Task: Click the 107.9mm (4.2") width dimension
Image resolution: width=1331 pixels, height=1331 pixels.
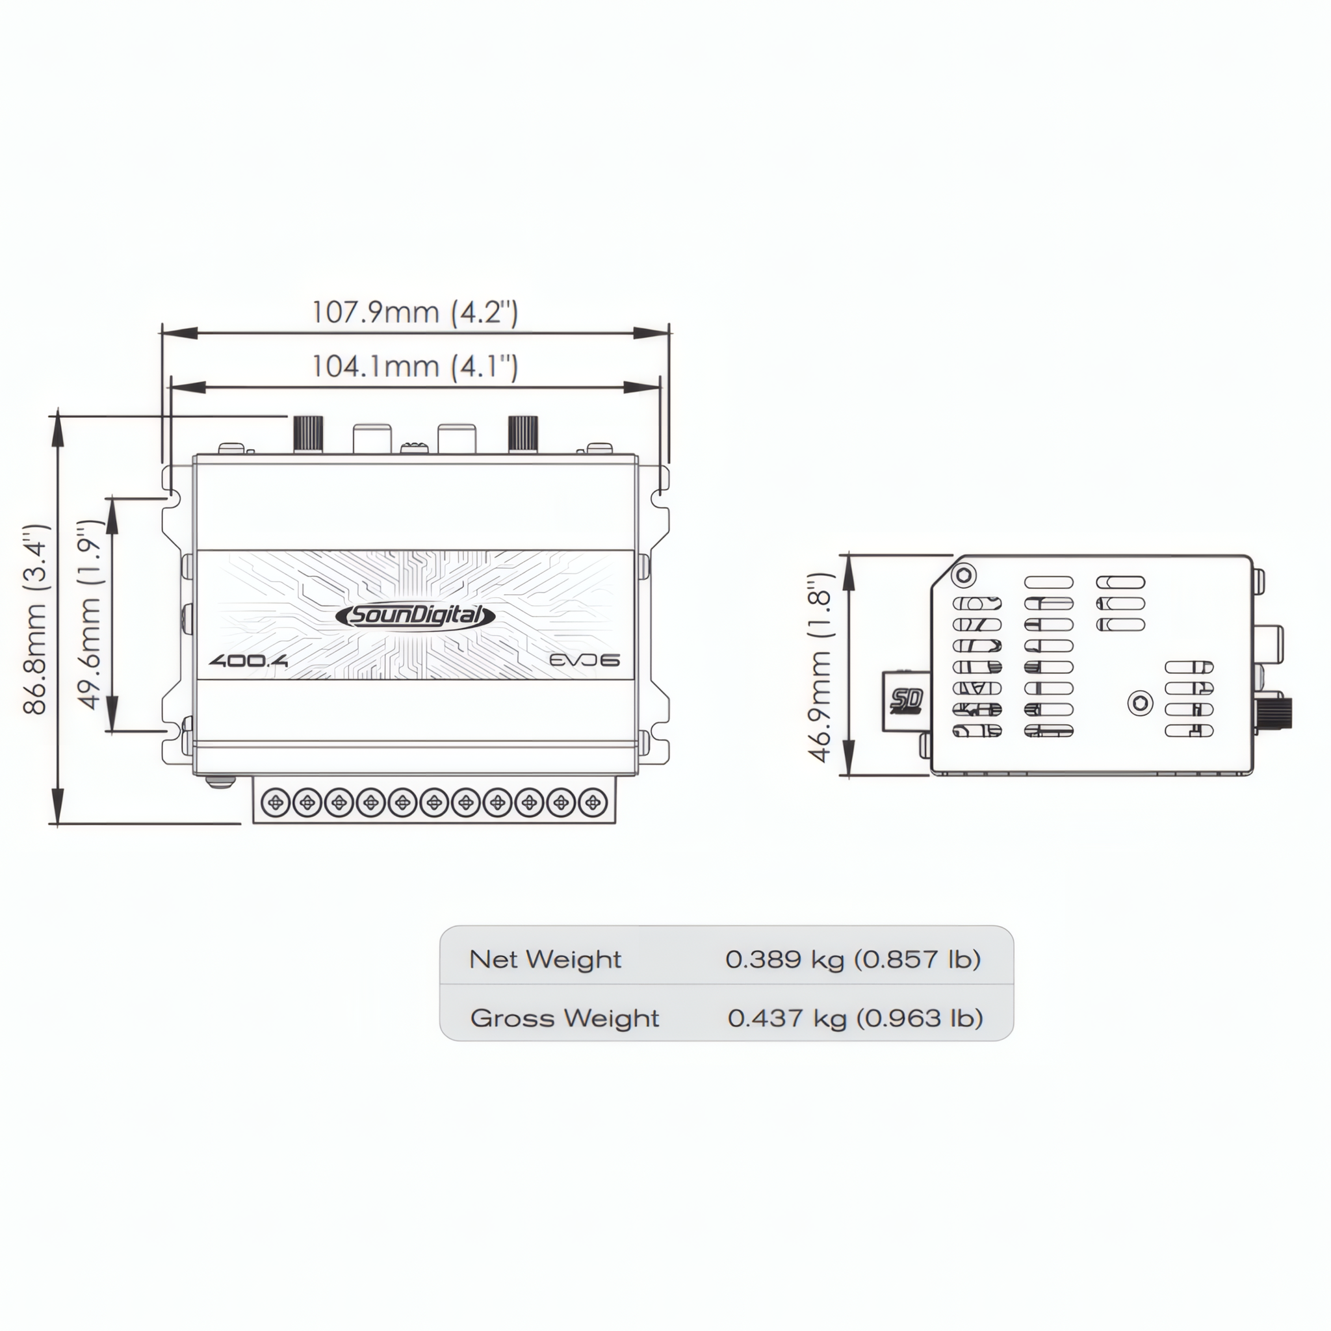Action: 415,313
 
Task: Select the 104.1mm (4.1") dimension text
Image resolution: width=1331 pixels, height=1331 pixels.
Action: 415,366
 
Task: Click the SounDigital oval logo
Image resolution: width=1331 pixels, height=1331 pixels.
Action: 415,615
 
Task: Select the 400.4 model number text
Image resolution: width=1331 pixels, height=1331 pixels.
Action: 249,661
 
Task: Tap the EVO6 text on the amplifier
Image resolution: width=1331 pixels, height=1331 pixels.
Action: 585,660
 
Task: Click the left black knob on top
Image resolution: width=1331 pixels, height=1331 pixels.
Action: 309,434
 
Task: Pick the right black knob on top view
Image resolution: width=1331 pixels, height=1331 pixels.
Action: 523,434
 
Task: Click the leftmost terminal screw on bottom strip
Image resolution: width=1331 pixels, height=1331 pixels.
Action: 277,803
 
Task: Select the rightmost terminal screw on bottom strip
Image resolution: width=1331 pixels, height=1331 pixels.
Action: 592,803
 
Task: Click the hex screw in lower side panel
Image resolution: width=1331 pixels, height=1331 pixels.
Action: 1140,703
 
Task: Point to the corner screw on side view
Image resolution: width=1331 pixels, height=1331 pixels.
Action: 964,575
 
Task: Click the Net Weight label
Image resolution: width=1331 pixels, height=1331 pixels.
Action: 545,959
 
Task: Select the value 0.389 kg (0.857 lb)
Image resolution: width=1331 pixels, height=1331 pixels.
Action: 852,959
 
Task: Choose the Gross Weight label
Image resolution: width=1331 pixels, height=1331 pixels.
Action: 564,1018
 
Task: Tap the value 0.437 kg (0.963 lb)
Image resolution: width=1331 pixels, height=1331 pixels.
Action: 855,1018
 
